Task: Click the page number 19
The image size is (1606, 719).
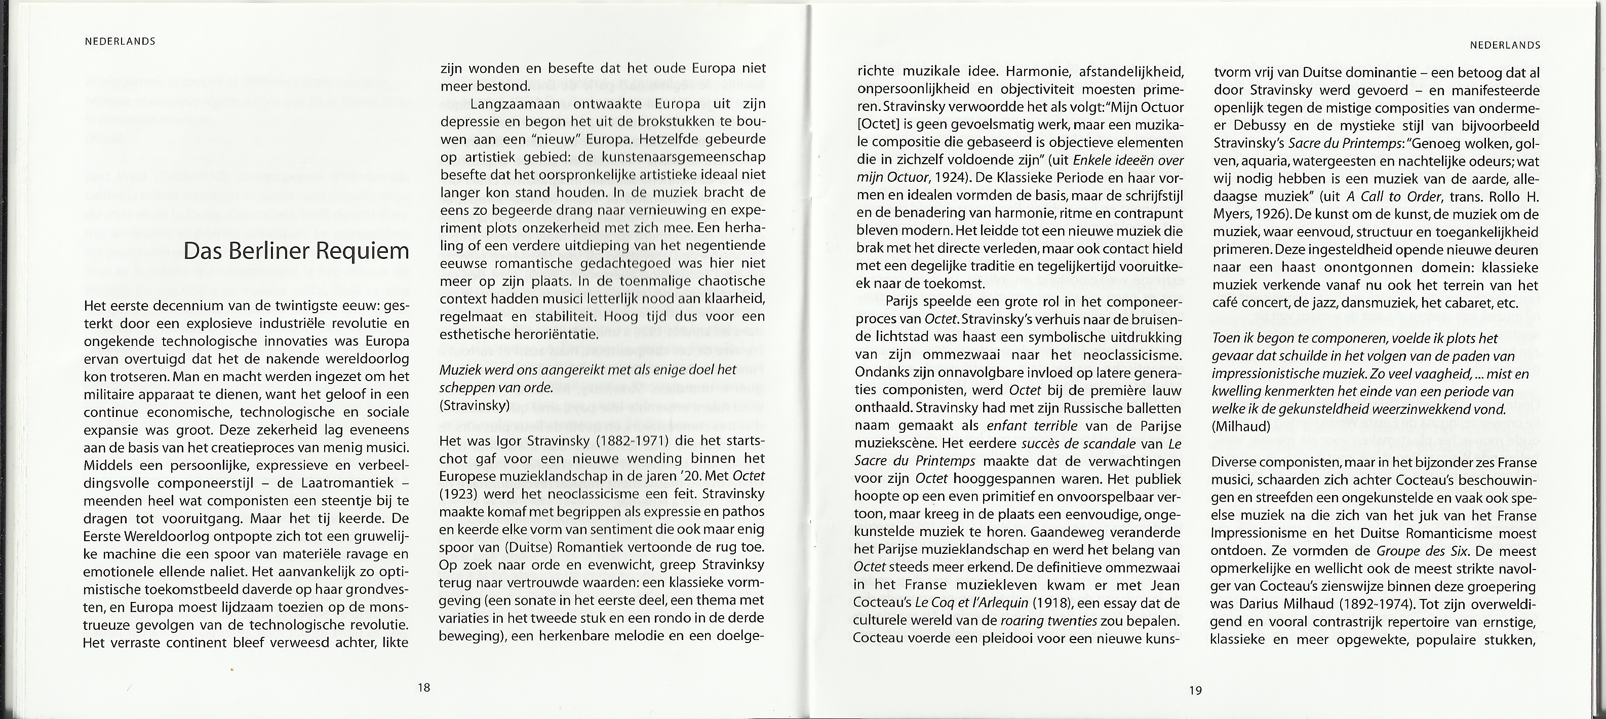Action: click(x=1195, y=690)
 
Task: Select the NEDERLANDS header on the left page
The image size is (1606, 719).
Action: click(x=120, y=42)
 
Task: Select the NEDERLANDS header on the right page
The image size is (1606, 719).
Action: click(x=1505, y=45)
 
